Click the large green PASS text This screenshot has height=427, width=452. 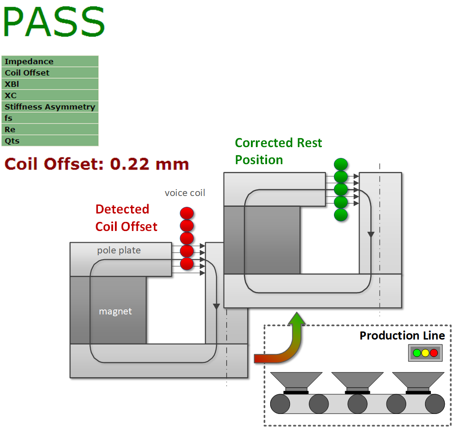[54, 22]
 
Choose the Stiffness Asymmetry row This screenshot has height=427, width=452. [50, 107]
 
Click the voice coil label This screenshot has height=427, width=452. [185, 193]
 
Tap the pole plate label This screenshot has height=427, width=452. [119, 250]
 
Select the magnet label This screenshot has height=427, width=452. [115, 311]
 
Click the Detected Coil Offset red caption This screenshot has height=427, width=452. [126, 218]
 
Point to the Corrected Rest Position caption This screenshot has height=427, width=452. [278, 151]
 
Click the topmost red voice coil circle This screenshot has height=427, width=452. [187, 213]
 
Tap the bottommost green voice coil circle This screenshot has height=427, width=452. [341, 215]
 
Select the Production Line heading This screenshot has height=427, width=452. [402, 335]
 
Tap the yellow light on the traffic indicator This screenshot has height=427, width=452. [425, 353]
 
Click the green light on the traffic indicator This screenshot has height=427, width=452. [417, 353]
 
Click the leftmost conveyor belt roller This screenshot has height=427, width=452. [281, 404]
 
